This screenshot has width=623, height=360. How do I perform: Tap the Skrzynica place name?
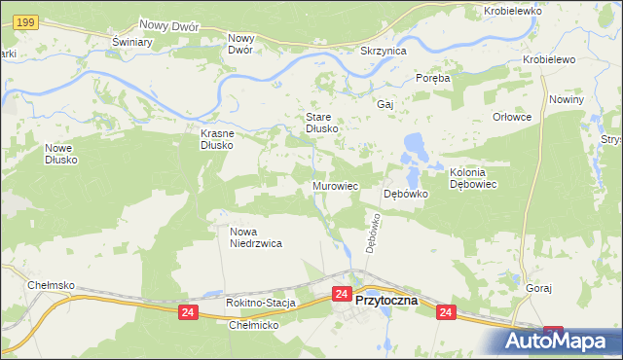coord(383,51)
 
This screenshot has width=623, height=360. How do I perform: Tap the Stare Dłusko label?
coord(315,122)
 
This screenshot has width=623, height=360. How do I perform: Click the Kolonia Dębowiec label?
coord(473,178)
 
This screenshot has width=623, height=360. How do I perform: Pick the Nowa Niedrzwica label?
coord(256,238)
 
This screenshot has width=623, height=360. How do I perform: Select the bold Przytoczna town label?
coord(386,301)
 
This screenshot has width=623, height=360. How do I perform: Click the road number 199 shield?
coord(27,21)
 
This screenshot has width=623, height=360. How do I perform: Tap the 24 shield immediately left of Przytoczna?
coord(341,294)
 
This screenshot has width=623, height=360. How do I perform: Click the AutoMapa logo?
coord(560,341)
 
